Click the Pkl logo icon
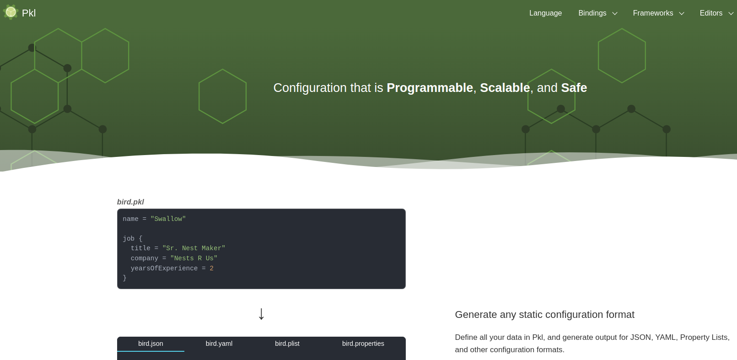click(11, 12)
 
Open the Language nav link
click(545, 13)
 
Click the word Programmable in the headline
click(430, 88)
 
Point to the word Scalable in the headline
click(505, 88)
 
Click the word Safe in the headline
click(574, 88)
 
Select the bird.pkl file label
click(130, 202)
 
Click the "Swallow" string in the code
click(168, 219)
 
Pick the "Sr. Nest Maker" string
click(194, 248)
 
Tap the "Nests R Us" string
click(194, 258)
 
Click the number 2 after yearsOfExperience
click(211, 269)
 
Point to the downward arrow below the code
click(261, 314)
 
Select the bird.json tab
click(151, 344)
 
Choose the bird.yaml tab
click(219, 344)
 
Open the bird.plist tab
click(287, 344)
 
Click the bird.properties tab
click(363, 344)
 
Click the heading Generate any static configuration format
click(544, 315)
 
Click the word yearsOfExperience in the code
click(164, 269)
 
